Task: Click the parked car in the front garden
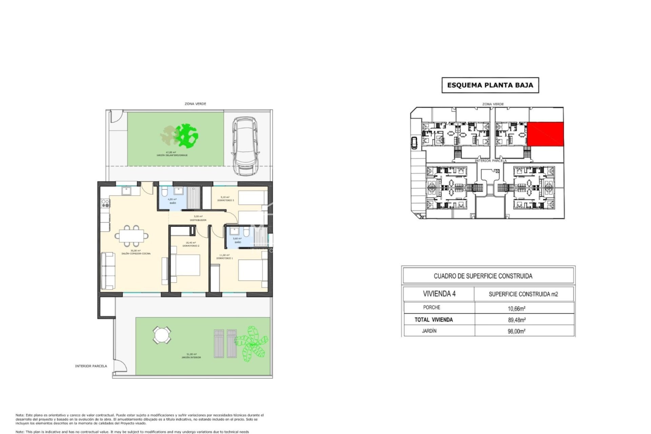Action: click(x=245, y=146)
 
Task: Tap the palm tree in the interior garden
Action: click(x=252, y=343)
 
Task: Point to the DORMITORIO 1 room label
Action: click(x=224, y=258)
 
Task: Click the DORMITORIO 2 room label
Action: click(x=191, y=245)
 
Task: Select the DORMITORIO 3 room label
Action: click(x=225, y=200)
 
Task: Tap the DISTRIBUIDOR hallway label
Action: click(x=198, y=220)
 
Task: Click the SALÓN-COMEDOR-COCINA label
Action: click(x=136, y=253)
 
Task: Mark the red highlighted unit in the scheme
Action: click(x=545, y=135)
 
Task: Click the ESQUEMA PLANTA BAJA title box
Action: click(x=490, y=85)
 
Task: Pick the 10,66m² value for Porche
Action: click(x=516, y=308)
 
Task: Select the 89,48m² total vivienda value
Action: click(x=516, y=320)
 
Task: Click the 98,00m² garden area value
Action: click(x=516, y=331)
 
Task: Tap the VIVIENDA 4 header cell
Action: click(x=439, y=294)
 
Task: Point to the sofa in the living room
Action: click(x=108, y=271)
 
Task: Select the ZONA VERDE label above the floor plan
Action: click(x=195, y=104)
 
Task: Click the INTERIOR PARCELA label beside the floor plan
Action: click(x=91, y=366)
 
